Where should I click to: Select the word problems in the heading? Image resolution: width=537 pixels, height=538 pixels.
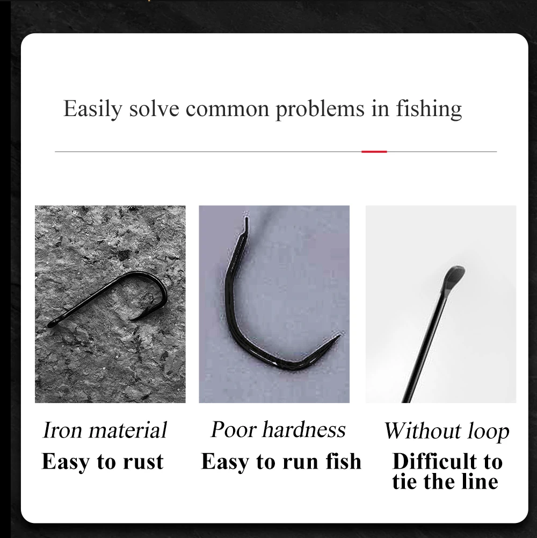[x=320, y=109]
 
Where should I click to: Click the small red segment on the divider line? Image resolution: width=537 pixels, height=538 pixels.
[x=374, y=152]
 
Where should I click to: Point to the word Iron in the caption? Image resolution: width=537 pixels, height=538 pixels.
[x=62, y=431]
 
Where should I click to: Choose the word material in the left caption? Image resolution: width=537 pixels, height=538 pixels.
[x=128, y=431]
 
